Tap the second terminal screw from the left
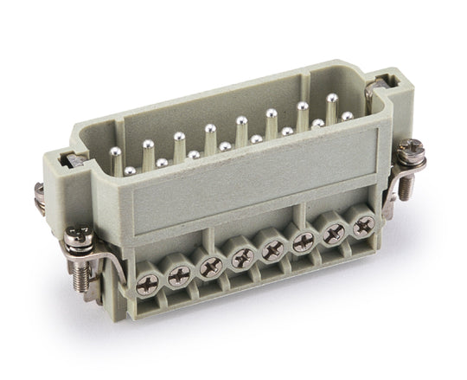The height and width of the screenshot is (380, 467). (x=181, y=274)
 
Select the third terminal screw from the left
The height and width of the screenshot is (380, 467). (x=210, y=267)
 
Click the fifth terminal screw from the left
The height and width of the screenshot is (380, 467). (x=272, y=249)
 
